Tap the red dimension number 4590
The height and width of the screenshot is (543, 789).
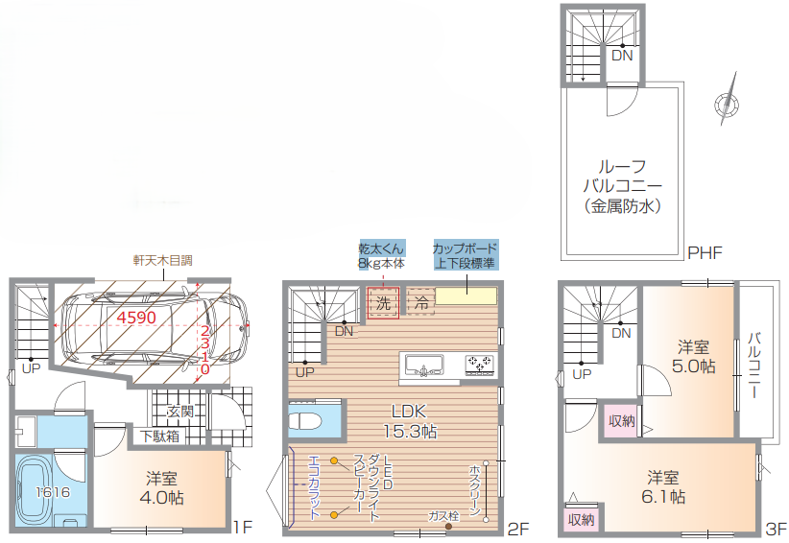coord(136,318)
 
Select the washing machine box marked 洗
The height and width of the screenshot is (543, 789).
coord(383,302)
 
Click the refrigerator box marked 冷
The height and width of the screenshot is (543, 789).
coord(420,301)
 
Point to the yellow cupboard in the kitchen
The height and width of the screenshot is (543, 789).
coord(466,295)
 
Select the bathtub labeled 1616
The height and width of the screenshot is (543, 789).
coord(34,491)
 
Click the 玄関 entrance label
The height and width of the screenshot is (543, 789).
coord(179,412)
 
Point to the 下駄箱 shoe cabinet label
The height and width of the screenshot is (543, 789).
coord(159,436)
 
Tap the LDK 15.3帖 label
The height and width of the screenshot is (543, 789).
coord(410,421)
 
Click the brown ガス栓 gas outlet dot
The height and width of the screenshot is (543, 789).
coord(448,527)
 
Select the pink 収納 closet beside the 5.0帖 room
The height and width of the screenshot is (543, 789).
coord(622,421)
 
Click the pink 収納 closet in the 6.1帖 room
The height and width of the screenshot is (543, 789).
coord(581,519)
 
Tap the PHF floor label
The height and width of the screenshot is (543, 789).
coord(705,252)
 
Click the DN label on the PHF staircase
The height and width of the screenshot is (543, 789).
coord(622,56)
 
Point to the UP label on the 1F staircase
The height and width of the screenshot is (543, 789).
coord(31,368)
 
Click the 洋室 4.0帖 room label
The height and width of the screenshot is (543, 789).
coord(161,487)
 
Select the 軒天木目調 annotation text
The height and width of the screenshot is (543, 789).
coord(162,260)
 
